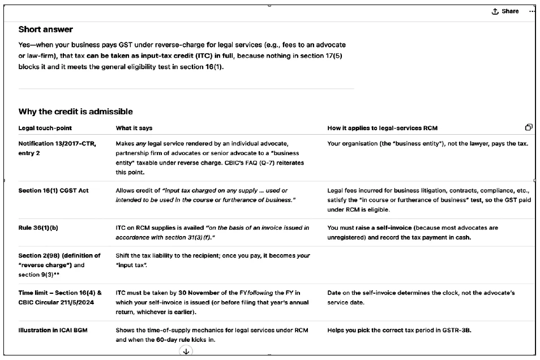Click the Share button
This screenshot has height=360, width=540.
click(x=505, y=11)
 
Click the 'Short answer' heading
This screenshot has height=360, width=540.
click(x=45, y=29)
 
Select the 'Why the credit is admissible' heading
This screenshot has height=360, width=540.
click(x=75, y=112)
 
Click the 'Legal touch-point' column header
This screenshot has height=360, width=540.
click(x=45, y=128)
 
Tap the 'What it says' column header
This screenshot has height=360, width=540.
click(x=134, y=128)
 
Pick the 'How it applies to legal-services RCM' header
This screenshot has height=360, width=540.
click(x=382, y=128)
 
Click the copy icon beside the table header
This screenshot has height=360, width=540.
click(x=529, y=128)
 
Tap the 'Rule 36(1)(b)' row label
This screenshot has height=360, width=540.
click(x=40, y=228)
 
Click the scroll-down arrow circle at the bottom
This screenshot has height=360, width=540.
click(x=186, y=352)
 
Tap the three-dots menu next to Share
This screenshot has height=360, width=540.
click(x=532, y=11)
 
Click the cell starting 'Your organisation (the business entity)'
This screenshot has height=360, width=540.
click(x=427, y=144)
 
